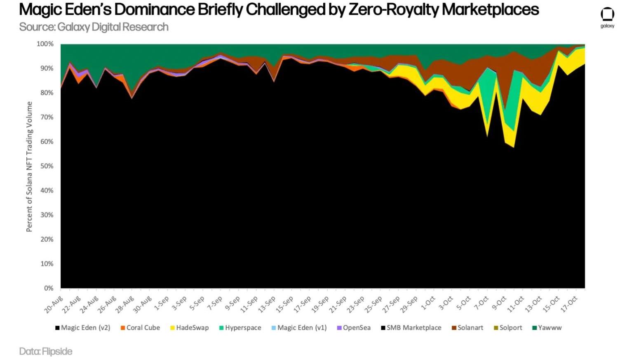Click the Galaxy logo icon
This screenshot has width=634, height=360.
607,15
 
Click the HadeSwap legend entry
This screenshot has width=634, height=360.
190,328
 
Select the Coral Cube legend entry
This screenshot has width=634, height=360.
140,328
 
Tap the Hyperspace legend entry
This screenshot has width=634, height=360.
240,328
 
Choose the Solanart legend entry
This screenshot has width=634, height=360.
467,328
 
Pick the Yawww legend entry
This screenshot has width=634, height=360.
547,328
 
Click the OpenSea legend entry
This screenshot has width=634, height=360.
354,328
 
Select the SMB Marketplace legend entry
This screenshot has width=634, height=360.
411,328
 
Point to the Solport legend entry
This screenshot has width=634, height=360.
508,328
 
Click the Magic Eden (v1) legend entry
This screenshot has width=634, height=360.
299,328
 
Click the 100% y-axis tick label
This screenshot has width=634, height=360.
45,44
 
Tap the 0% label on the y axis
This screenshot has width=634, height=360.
49,288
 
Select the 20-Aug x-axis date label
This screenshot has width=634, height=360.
54,304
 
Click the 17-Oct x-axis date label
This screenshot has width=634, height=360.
569,304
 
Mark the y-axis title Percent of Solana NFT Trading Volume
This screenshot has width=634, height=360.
29,166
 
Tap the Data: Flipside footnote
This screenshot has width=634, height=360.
46,351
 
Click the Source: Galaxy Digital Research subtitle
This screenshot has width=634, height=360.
94,27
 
